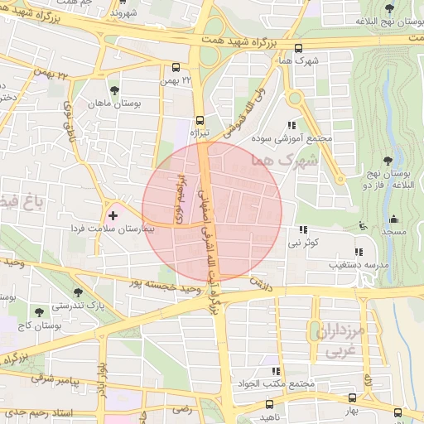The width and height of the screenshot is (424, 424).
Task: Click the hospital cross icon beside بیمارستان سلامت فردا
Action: click(x=113, y=215)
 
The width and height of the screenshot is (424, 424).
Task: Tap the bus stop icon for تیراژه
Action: click(x=200, y=118)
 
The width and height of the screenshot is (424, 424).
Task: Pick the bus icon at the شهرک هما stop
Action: click(x=299, y=48)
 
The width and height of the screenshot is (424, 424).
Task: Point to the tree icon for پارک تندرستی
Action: click(x=78, y=292)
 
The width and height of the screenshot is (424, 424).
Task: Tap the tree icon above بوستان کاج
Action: click(x=38, y=312)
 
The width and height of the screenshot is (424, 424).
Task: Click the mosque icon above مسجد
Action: click(x=393, y=219)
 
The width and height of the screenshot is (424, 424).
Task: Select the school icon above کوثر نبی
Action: click(x=303, y=229)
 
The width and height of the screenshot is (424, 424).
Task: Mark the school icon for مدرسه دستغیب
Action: click(x=359, y=251)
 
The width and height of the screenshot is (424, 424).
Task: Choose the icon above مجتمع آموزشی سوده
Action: click(x=291, y=124)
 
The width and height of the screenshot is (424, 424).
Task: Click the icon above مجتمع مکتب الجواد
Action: click(x=276, y=371)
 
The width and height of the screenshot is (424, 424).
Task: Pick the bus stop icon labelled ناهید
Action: click(x=269, y=404)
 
